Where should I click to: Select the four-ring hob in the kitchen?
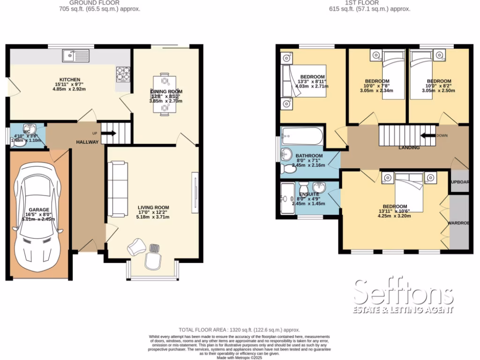coord(123,73)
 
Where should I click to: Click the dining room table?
coord(164,93)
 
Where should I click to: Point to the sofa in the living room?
coord(118,187)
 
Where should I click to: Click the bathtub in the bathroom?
coord(302,137)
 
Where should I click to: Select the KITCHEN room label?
coord(69,79)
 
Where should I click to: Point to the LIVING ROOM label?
coord(153,207)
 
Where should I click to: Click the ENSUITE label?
coord(309,194)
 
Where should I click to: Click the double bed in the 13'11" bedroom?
coord(409,192)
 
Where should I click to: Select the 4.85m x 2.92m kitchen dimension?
coord(69,89)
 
